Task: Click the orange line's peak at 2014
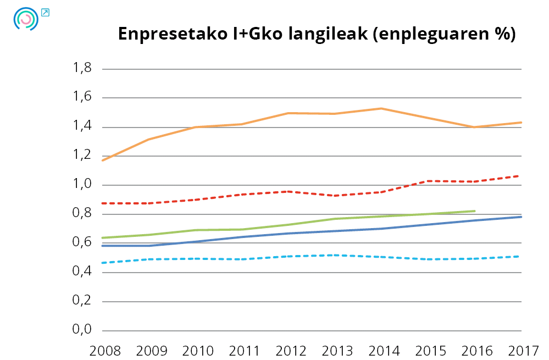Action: [x=381, y=108]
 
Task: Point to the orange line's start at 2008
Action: [x=103, y=160]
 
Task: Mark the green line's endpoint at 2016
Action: [x=474, y=211]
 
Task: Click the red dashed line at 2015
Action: [x=428, y=181]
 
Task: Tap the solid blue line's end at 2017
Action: [x=520, y=217]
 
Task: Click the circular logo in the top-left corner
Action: [x=25, y=19]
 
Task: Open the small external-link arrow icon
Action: [x=45, y=12]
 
